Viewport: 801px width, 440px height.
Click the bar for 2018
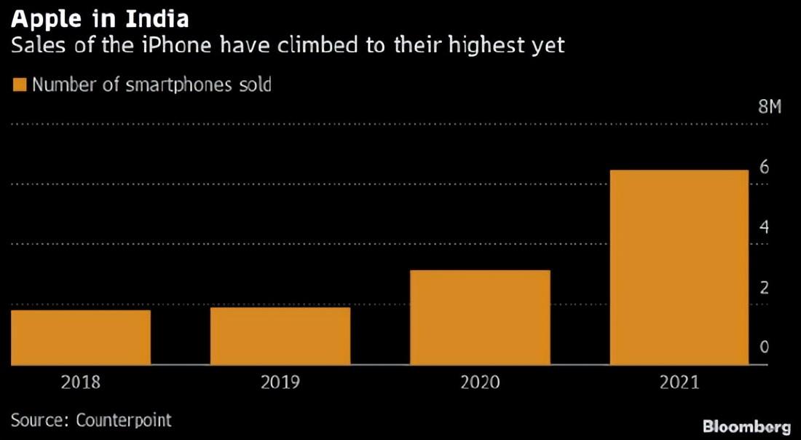point(80,337)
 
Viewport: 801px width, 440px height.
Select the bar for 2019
point(280,336)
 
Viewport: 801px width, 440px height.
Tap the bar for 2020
point(480,318)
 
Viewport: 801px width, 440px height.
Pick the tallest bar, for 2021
point(679,267)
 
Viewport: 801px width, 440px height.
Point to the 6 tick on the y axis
point(764,167)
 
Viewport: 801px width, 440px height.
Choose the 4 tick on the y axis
point(764,227)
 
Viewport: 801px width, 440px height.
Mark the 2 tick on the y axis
point(764,288)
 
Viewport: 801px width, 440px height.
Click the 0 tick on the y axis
point(764,347)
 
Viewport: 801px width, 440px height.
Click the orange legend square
point(19,85)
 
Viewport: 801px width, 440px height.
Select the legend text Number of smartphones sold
point(151,85)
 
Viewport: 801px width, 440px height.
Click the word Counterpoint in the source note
point(124,420)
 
